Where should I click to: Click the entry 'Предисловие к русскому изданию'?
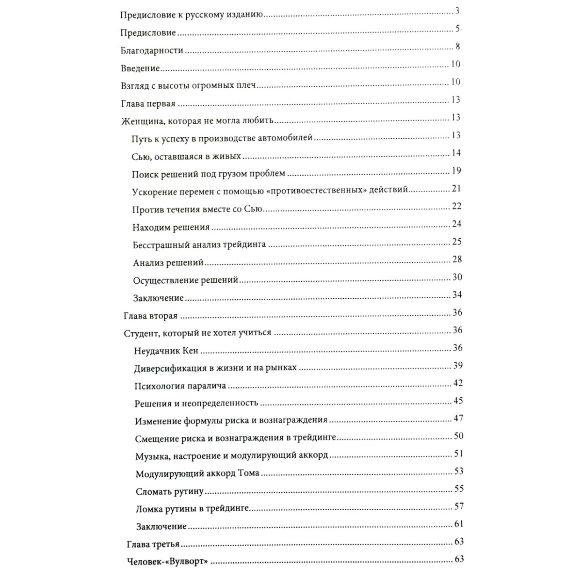(x=192, y=15)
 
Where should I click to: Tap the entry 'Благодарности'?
(x=152, y=50)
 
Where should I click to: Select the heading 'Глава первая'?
(x=148, y=104)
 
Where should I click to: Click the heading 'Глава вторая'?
(x=151, y=316)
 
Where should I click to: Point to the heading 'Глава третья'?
(x=153, y=545)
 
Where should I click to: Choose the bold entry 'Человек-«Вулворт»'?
(x=167, y=562)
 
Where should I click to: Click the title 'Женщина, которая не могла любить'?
(x=197, y=121)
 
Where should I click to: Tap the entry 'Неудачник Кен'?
(x=166, y=351)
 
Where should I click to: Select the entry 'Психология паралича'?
(x=180, y=386)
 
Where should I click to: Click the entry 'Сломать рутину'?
(x=170, y=492)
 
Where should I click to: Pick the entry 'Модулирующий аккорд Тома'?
(x=197, y=474)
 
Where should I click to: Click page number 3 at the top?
(x=457, y=11)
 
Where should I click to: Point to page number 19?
(x=456, y=171)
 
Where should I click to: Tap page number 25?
(x=456, y=242)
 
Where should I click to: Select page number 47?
(x=458, y=418)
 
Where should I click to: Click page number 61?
(x=459, y=524)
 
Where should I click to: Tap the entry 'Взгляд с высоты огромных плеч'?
(x=188, y=86)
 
